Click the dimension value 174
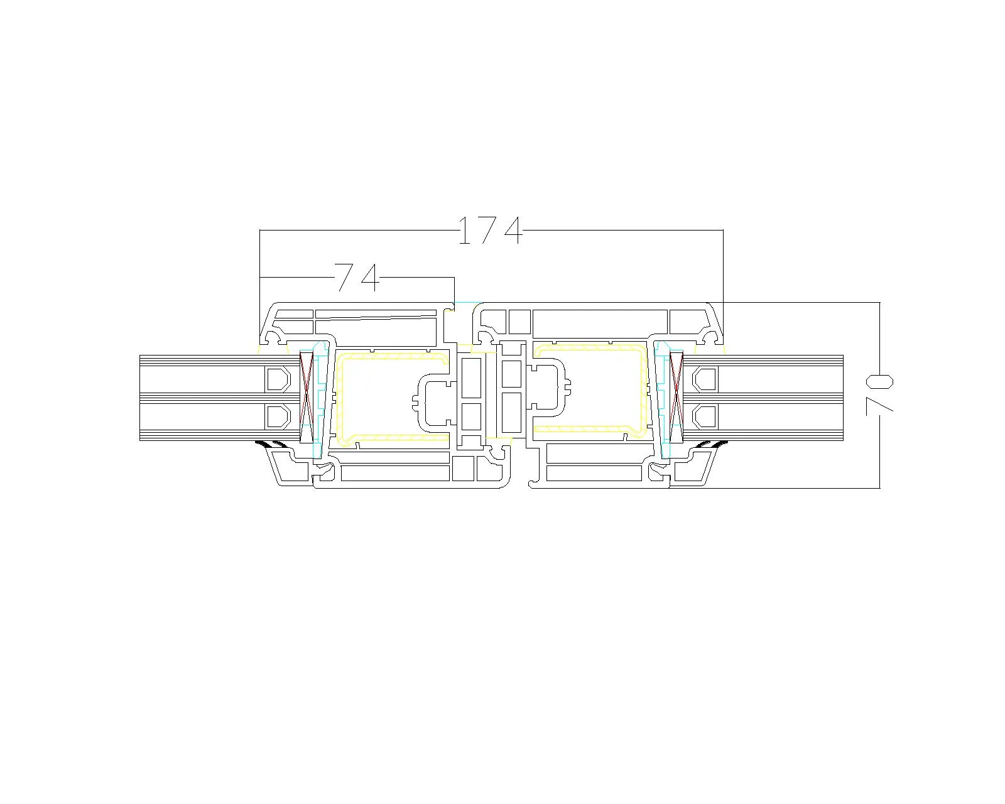coord(491,231)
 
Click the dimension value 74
coord(357,278)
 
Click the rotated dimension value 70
coord(879,394)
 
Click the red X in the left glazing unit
coord(307,398)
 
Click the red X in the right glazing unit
coord(676,398)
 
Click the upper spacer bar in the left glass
coord(278,379)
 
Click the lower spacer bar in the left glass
coord(278,416)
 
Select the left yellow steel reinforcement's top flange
coord(393,356)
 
